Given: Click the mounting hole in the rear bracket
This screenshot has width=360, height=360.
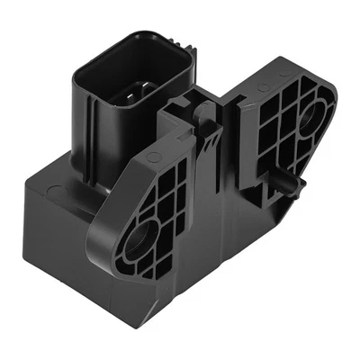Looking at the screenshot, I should (x=314, y=114).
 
